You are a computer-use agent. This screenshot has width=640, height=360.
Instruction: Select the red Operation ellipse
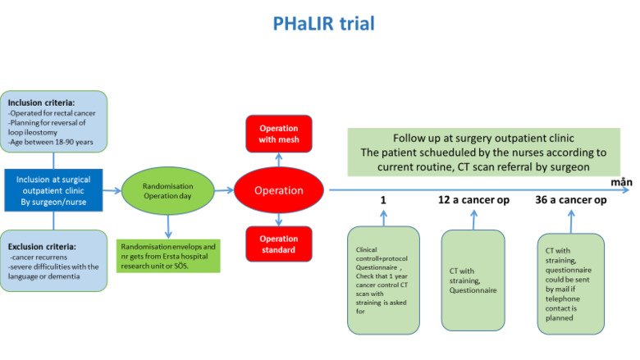[278, 190]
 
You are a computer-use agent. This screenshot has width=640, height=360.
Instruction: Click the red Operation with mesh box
[279, 134]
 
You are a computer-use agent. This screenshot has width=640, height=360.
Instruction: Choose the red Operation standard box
[279, 244]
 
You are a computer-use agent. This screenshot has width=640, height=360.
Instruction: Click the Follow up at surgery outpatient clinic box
[482, 152]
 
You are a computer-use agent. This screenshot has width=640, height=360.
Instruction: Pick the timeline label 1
[383, 200]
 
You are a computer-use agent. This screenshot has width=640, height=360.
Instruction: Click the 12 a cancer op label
[473, 200]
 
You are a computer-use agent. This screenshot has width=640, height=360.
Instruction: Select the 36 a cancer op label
[571, 200]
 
